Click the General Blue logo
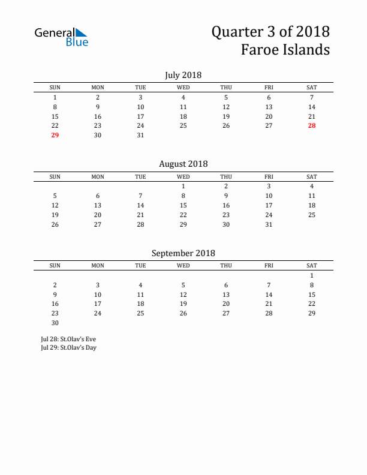(61, 37)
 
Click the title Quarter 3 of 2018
(270, 31)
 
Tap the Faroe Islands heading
(285, 50)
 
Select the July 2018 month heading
(183, 75)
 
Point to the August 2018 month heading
(183, 164)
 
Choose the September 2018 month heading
(183, 253)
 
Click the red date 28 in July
(312, 126)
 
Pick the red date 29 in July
(55, 136)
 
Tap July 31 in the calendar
(140, 136)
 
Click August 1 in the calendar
(183, 186)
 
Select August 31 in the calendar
(269, 224)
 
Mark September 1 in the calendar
(312, 275)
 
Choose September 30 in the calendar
(55, 323)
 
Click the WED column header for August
(183, 176)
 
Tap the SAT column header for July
(312, 88)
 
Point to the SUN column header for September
(55, 266)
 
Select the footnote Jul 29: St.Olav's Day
(68, 347)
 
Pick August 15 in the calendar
(183, 205)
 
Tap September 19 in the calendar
(183, 304)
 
